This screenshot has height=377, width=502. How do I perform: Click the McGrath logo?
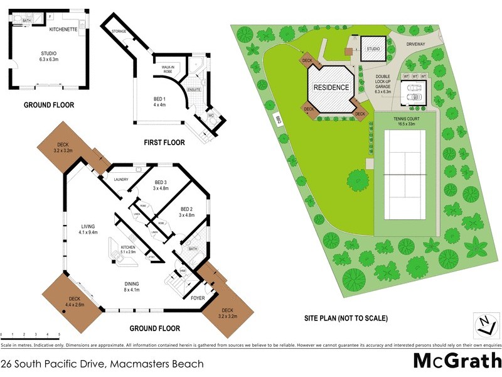click(x=456, y=361)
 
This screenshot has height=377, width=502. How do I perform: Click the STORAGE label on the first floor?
click(x=120, y=31)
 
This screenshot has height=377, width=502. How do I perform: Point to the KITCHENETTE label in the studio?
click(x=63, y=28)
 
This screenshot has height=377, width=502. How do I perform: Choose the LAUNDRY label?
click(x=120, y=180)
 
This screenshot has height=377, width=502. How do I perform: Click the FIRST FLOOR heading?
click(x=165, y=143)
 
